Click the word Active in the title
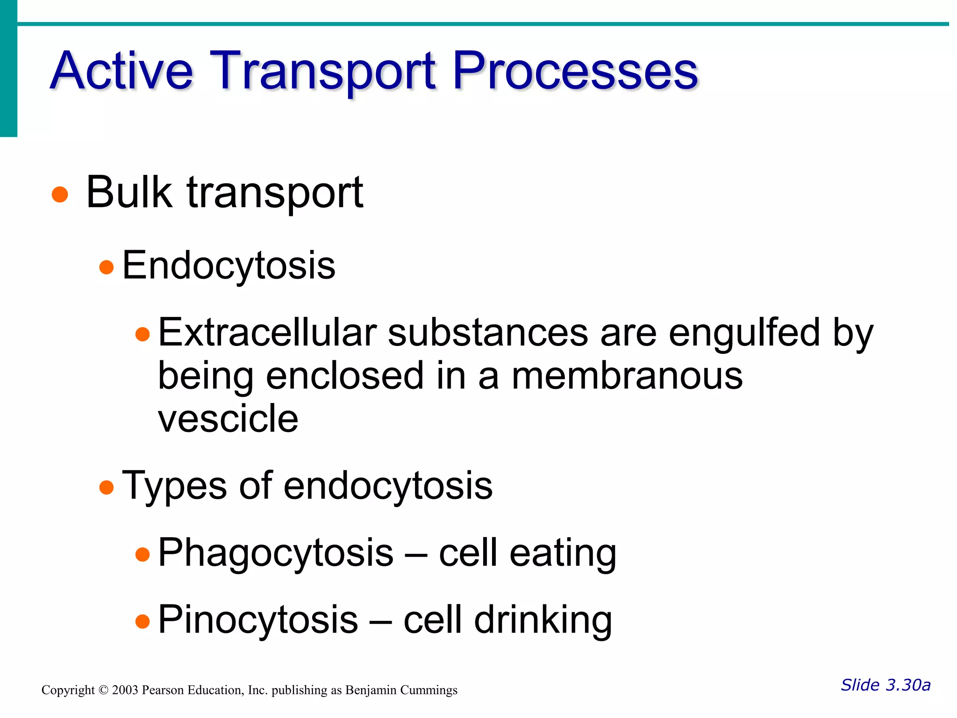121,71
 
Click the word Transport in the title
322,71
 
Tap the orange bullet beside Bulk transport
60,194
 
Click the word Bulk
129,192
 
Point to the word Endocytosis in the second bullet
229,266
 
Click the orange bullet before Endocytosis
107,267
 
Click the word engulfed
744,332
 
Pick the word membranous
627,376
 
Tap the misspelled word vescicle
228,418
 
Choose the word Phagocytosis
276,553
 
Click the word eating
563,553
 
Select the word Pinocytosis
258,620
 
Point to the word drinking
543,620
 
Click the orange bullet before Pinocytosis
143,622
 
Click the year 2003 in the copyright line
125,690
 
